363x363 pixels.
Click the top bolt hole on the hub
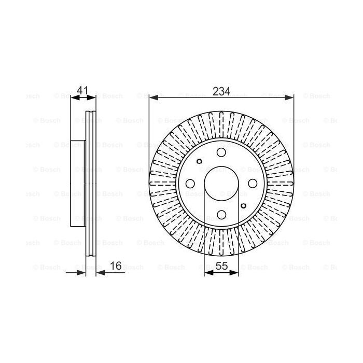coord(221,152)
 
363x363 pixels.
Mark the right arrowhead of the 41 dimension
coord(93,97)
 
